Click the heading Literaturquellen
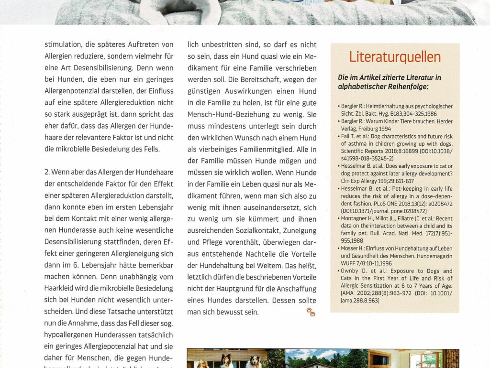click(x=395, y=57)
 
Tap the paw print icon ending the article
click(x=311, y=312)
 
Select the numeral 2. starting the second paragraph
click(x=47, y=172)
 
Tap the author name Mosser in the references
click(x=351, y=249)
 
